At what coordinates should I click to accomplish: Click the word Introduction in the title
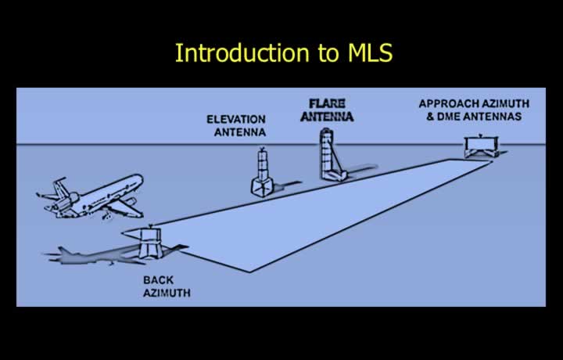(242, 52)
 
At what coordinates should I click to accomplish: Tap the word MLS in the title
(370, 52)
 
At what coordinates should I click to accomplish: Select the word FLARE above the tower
(327, 103)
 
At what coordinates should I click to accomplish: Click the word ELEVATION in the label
(236, 119)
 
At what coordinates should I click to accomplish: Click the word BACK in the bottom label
(158, 280)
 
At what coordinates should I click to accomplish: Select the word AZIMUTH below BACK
(167, 293)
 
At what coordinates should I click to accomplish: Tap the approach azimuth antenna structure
(482, 146)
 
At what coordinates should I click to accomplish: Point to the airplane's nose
(140, 178)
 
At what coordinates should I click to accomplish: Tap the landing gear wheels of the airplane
(106, 217)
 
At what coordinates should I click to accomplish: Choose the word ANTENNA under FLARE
(327, 117)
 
